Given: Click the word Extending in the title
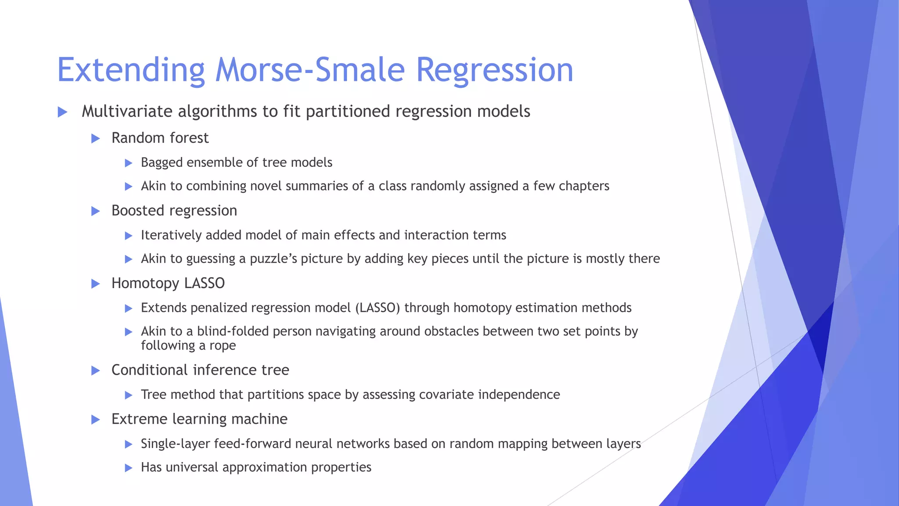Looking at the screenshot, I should pyautogui.click(x=131, y=70).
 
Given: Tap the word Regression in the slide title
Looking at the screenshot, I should pyautogui.click(x=494, y=70).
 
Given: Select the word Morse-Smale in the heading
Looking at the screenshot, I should pyautogui.click(x=309, y=70).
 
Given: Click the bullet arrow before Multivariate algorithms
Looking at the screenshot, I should pyautogui.click(x=62, y=112).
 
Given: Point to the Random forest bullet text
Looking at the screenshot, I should pyautogui.click(x=160, y=138).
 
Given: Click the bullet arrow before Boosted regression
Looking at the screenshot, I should pyautogui.click(x=95, y=211).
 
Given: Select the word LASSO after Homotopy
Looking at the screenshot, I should pyautogui.click(x=205, y=283).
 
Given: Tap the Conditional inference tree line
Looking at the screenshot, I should pyautogui.click(x=200, y=370).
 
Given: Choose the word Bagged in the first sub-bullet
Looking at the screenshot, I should pyautogui.click(x=162, y=163).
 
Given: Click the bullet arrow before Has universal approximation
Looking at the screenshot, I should pyautogui.click(x=129, y=468).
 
